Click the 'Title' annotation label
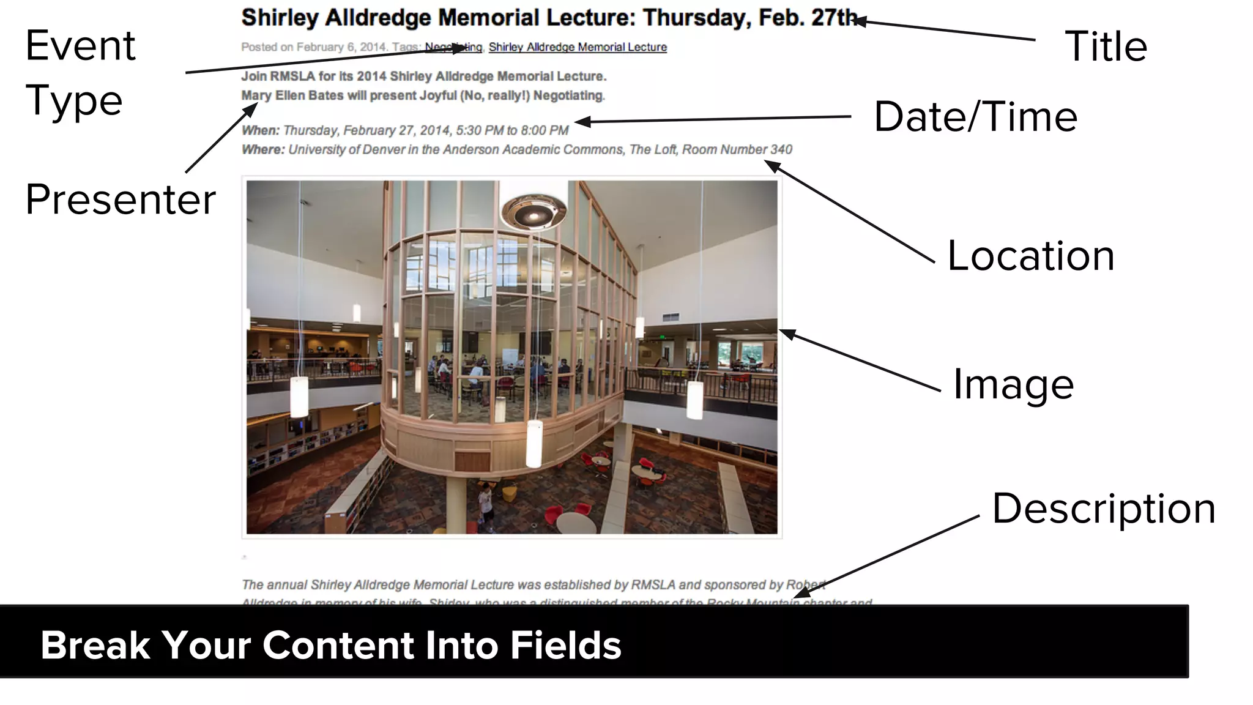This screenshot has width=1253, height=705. pyautogui.click(x=1106, y=47)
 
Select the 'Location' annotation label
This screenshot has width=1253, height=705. pyautogui.click(x=1031, y=255)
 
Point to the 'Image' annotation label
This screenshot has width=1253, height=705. pyautogui.click(x=1013, y=384)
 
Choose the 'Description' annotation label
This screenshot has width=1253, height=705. pyautogui.click(x=1104, y=509)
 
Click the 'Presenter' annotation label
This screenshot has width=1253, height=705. pyautogui.click(x=121, y=200)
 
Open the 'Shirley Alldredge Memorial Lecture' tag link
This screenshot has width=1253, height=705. pyautogui.click(x=578, y=47)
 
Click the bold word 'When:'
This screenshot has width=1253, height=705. pyautogui.click(x=261, y=130)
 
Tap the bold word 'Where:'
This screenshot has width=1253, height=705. pyautogui.click(x=263, y=149)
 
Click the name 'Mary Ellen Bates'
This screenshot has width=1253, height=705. pyautogui.click(x=292, y=95)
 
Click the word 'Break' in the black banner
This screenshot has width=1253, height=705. pyautogui.click(x=95, y=646)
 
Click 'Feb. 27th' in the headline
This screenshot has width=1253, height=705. pyautogui.click(x=808, y=18)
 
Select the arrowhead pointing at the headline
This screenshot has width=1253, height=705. pyautogui.click(x=860, y=21)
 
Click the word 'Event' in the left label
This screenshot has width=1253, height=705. pyautogui.click(x=80, y=46)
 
